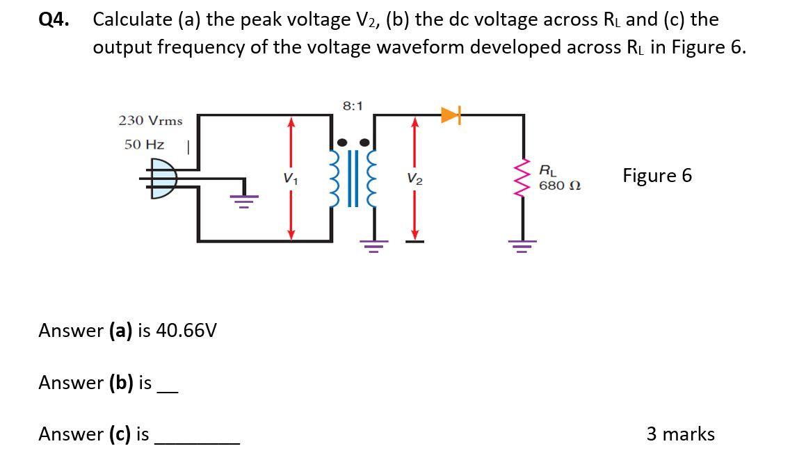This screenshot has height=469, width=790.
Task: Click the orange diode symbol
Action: point(451,115)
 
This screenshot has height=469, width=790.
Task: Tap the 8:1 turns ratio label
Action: point(353,106)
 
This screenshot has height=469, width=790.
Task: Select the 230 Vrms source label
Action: point(150,120)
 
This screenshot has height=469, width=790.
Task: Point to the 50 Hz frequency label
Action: point(144,145)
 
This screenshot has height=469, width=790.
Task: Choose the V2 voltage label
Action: point(414,179)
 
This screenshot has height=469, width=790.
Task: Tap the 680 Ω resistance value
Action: point(560,186)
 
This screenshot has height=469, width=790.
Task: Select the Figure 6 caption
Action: point(657,176)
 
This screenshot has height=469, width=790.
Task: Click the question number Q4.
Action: point(54,19)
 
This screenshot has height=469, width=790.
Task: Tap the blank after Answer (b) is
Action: point(168,389)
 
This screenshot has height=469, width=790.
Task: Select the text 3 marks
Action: point(680,434)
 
